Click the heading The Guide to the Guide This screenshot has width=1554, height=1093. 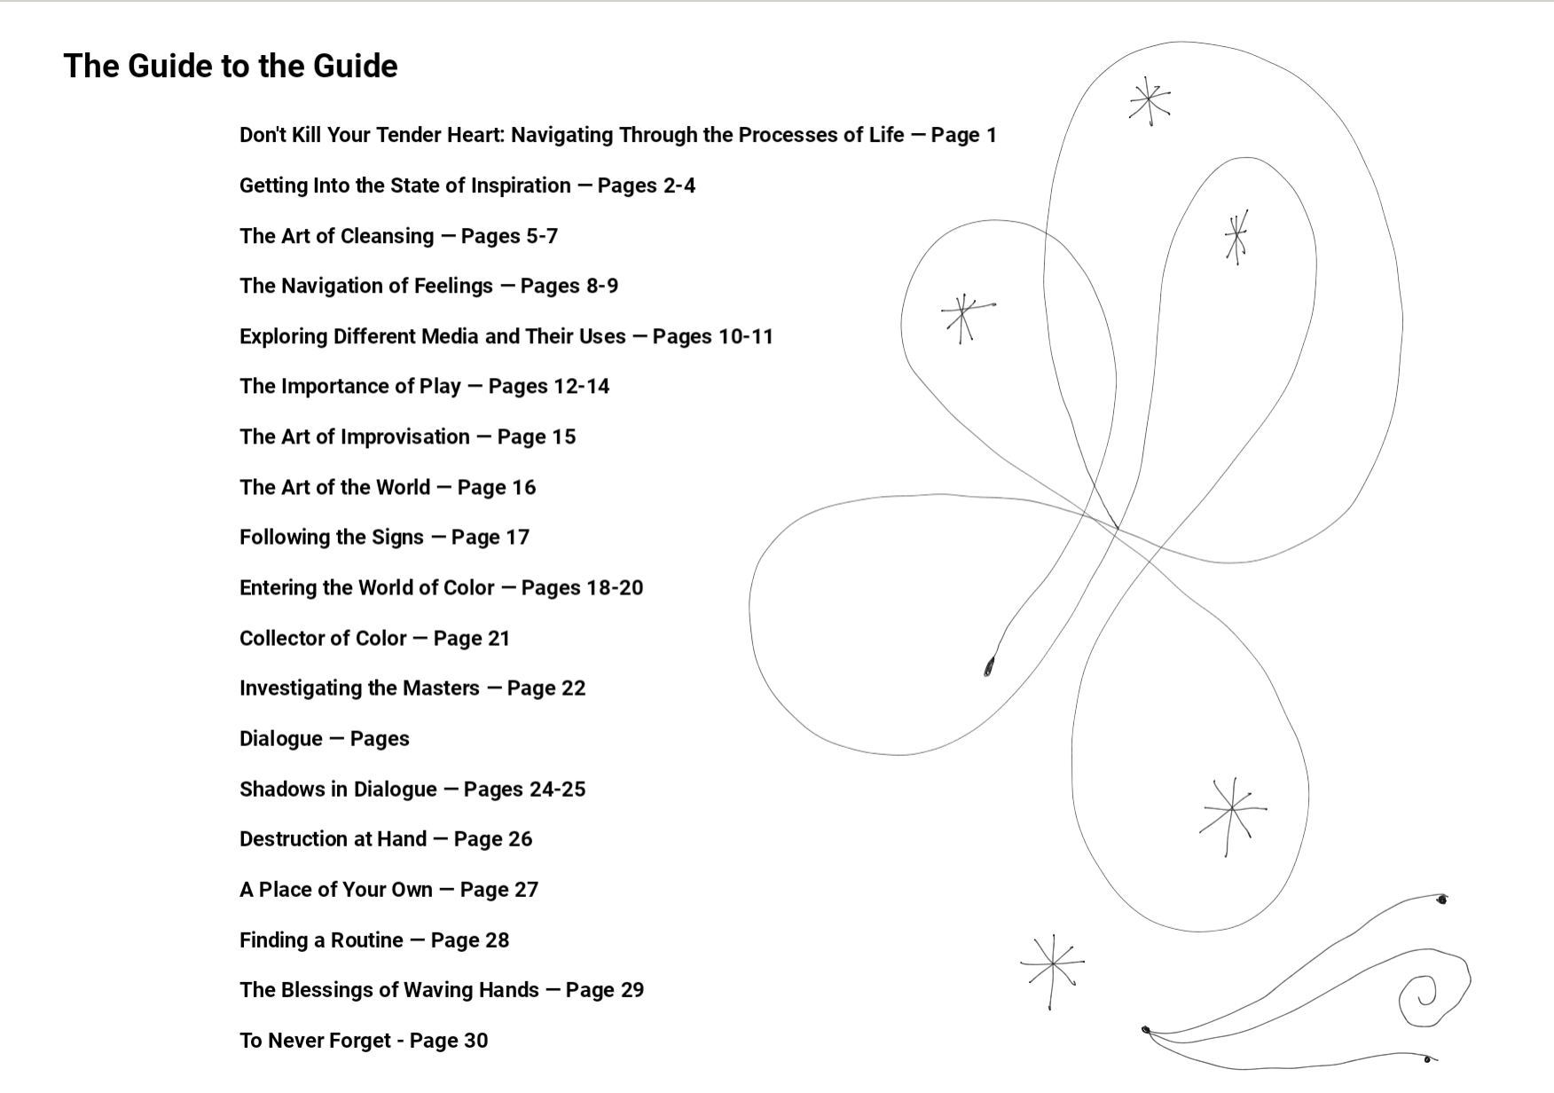[231, 66]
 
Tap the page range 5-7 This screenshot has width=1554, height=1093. [529, 236]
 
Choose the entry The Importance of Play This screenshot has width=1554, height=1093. [424, 386]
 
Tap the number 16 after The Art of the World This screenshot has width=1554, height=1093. [523, 487]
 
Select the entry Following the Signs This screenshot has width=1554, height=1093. [384, 537]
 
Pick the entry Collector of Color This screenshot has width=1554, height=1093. [374, 638]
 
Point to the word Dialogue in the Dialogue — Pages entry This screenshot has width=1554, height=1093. [281, 738]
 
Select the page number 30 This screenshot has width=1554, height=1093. [475, 1040]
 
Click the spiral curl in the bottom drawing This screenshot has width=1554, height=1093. [1422, 995]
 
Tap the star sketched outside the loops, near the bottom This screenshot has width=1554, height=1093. [1053, 964]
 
